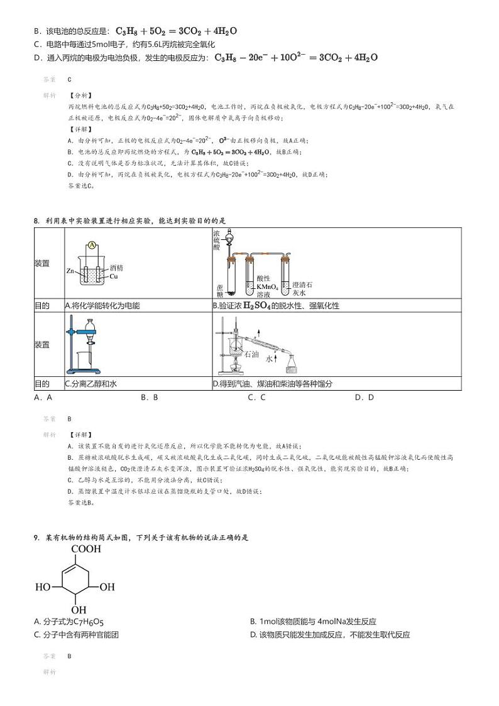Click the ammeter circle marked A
click(x=92, y=245)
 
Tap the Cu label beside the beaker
click(x=114, y=276)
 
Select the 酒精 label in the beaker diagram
click(x=116, y=268)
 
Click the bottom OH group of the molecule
click(x=79, y=610)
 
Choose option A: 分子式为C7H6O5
click(x=69, y=622)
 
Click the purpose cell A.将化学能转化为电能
click(x=102, y=306)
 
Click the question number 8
click(x=36, y=220)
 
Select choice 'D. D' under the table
click(x=365, y=397)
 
